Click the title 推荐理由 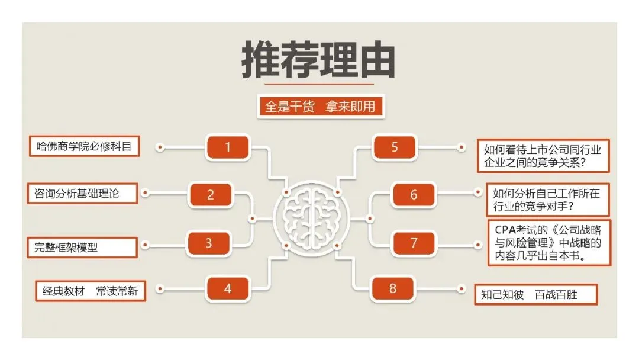318,60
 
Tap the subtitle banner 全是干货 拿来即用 320,107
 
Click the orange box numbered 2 211,195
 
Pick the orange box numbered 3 209,243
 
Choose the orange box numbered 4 228,289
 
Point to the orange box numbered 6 414,195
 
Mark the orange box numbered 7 414,243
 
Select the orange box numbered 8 393,289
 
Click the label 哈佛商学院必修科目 84,146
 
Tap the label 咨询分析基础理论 82,193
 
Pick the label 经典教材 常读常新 90,291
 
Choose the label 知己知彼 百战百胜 535,294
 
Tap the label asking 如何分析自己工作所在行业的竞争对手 547,200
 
